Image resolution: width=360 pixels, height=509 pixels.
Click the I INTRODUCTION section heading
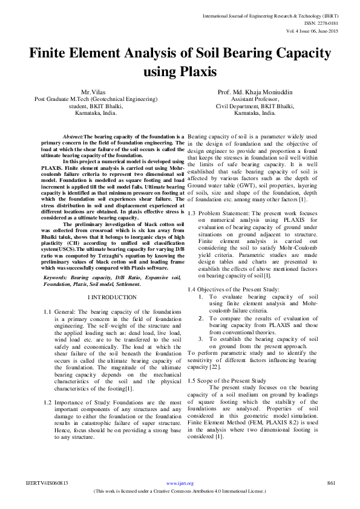(x=113, y=297)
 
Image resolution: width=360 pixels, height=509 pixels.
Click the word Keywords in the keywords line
(x=55, y=277)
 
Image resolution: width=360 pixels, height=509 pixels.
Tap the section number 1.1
(x=47, y=312)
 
